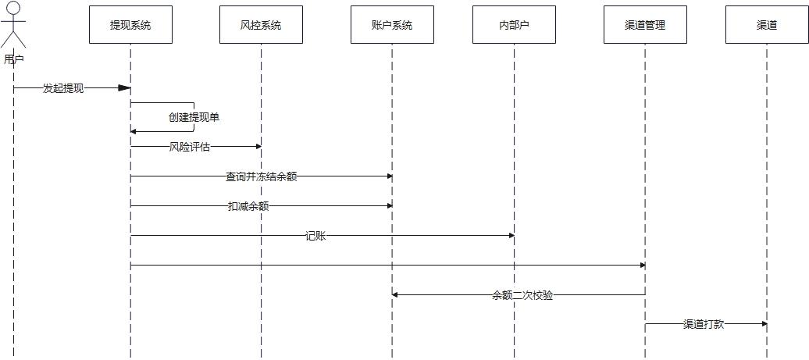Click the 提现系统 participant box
(x=130, y=25)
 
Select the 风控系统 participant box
(x=261, y=25)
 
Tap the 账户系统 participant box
(x=392, y=25)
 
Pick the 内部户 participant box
(x=514, y=25)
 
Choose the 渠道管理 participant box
(x=645, y=25)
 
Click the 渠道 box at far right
(x=767, y=25)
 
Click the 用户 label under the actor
(x=14, y=59)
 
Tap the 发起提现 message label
(x=63, y=88)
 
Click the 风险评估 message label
(x=190, y=147)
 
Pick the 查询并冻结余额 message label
(x=262, y=176)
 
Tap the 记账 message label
(x=315, y=235)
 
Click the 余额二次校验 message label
(x=522, y=295)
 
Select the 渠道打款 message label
(x=704, y=324)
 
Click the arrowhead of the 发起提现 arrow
(x=124, y=88)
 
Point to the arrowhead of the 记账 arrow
(x=510, y=235)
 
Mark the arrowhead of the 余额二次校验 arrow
(x=396, y=294)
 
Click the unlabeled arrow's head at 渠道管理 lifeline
(x=641, y=265)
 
